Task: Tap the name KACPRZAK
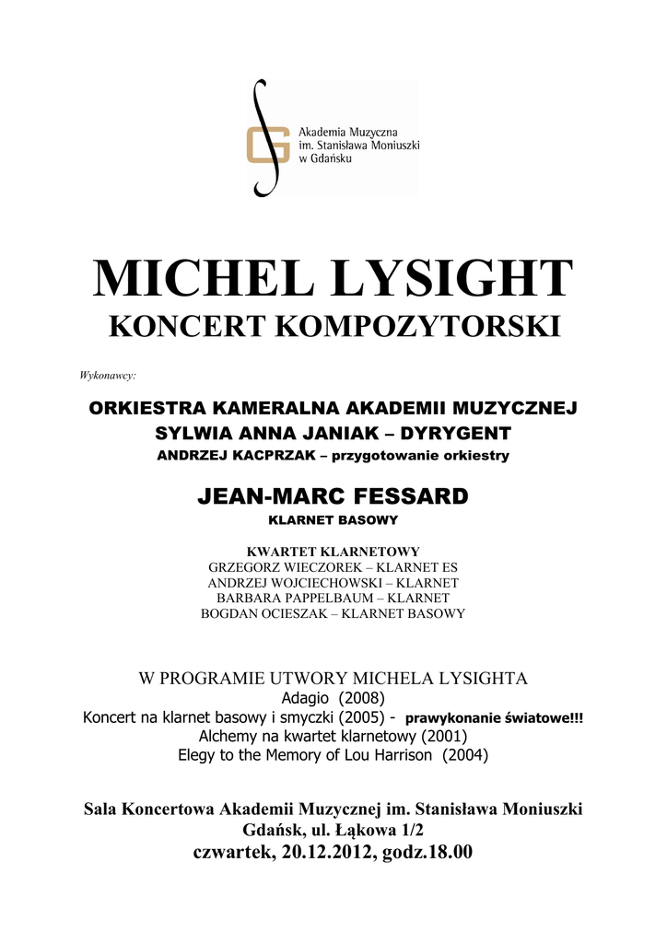click(262, 455)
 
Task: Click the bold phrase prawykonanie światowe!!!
click(494, 717)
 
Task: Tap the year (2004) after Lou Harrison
click(465, 755)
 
